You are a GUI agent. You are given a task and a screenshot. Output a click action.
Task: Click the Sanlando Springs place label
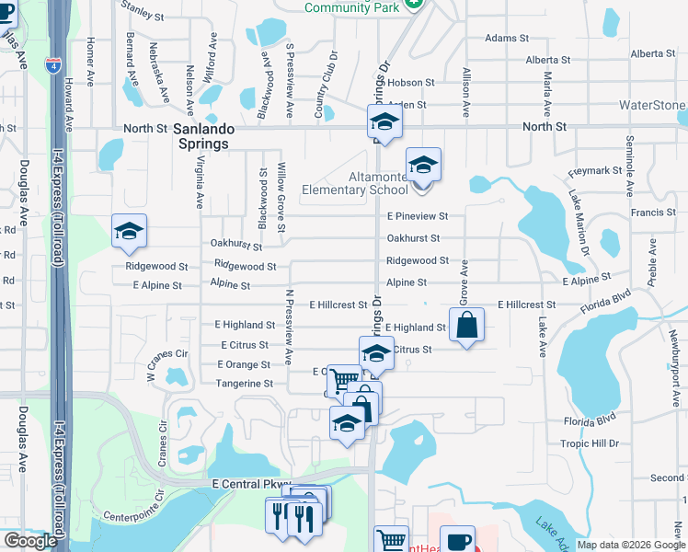pos(202,136)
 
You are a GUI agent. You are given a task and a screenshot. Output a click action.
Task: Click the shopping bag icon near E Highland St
pos(467,325)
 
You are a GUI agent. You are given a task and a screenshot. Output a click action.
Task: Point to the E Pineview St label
pos(417,216)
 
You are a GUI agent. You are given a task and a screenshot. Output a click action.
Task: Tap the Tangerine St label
pos(244,384)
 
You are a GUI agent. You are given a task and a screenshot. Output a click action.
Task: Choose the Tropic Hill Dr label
pos(590,443)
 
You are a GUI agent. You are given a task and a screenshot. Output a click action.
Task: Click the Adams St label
pos(507,39)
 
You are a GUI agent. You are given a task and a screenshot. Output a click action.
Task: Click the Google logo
pos(29,541)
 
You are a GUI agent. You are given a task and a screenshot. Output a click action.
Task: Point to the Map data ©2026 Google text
pos(631,545)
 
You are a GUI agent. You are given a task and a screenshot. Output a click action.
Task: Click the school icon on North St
pos(384,121)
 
